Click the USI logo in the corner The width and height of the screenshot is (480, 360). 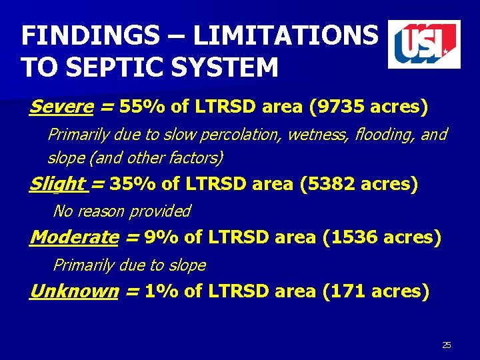tap(424, 44)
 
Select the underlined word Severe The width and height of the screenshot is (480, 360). tap(61, 107)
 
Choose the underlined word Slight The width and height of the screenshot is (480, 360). tap(57, 184)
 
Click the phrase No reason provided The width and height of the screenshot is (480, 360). tap(121, 211)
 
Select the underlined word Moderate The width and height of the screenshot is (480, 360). tap(74, 237)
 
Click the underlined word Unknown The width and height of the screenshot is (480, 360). tap(73, 291)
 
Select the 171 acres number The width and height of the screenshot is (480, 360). tap(345, 291)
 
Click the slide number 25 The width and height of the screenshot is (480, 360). tap(447, 345)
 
